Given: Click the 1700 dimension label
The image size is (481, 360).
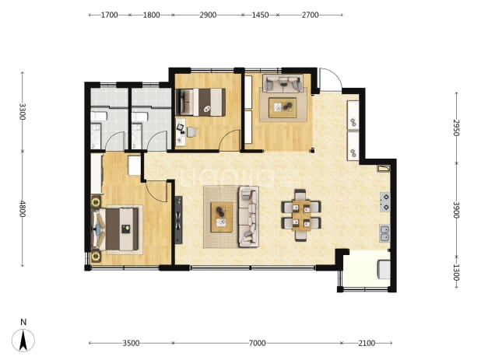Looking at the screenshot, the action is coord(110,15).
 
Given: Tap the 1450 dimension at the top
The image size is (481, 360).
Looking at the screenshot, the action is coord(260,15).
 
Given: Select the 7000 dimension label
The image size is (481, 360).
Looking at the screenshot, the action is coord(257,343).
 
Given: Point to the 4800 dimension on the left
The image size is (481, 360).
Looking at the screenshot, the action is coord(23,208).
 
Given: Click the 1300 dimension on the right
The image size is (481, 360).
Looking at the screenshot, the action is coord(456,273).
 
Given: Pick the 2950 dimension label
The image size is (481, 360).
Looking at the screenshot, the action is coord(456,128).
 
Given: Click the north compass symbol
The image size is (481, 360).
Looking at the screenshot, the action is coord(23,341).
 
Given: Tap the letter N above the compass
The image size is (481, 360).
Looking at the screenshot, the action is coord(23,322).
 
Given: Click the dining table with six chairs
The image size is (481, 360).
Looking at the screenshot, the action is coord(301,215).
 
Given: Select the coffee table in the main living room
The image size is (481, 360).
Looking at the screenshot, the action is coord(222,217).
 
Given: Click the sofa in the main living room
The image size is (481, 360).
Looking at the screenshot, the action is coord(249,216).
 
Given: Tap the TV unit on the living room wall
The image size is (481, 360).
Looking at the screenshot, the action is coord(178,220).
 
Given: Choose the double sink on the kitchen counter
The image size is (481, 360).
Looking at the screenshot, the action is coord(384,233).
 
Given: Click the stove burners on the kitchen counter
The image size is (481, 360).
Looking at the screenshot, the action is coord(385,202).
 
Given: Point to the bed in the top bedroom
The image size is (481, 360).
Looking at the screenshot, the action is coord(201,103).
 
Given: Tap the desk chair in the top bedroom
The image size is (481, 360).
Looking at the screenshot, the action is coord(191,132).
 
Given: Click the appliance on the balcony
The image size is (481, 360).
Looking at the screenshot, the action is coord(384,269).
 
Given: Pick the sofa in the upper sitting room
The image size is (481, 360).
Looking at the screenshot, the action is coord(283,82).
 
